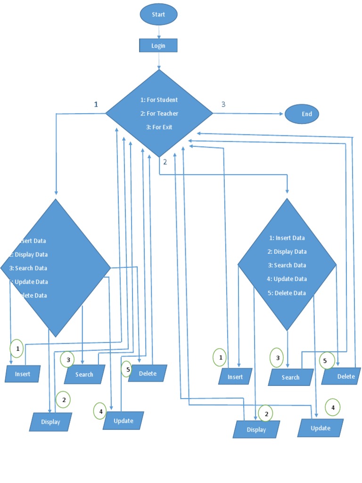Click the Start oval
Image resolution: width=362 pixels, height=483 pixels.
158,15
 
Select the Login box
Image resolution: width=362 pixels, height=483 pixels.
158,46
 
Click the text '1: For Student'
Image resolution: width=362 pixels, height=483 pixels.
159,100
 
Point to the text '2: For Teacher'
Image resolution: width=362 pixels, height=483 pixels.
159,114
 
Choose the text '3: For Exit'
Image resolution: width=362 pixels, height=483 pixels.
159,127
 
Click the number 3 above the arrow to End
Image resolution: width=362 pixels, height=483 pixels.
223,104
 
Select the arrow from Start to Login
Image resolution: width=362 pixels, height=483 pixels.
159,32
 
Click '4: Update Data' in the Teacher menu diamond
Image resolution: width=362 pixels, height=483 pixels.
287,279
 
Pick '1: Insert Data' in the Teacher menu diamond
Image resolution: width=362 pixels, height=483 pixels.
287,238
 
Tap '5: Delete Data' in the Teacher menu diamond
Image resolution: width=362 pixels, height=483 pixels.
287,293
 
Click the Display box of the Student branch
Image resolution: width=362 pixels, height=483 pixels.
50,422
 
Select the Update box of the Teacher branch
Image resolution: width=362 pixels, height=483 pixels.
321,428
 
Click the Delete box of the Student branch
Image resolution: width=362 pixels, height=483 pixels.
148,374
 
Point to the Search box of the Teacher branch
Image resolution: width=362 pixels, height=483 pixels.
291,377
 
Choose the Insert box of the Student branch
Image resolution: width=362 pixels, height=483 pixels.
23,374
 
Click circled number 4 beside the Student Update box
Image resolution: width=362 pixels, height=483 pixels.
100,411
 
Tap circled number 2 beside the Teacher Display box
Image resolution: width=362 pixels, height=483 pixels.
266,414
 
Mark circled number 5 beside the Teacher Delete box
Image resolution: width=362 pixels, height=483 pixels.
326,361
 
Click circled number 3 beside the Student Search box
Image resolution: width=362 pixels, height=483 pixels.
67,359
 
